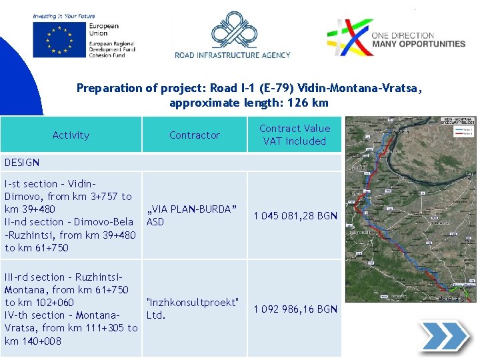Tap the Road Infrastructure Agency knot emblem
[x=233, y=31]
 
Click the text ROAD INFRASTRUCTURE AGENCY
[x=233, y=55]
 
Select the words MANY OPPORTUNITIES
[x=418, y=44]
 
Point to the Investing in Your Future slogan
[x=64, y=16]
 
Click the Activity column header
[x=71, y=135]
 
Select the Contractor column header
[x=194, y=135]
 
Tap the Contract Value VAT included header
[x=294, y=135]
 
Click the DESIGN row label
[x=22, y=162]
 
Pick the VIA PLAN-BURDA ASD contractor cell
[x=191, y=215]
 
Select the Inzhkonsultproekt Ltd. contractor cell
[x=192, y=309]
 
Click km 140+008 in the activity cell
[x=33, y=341]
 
